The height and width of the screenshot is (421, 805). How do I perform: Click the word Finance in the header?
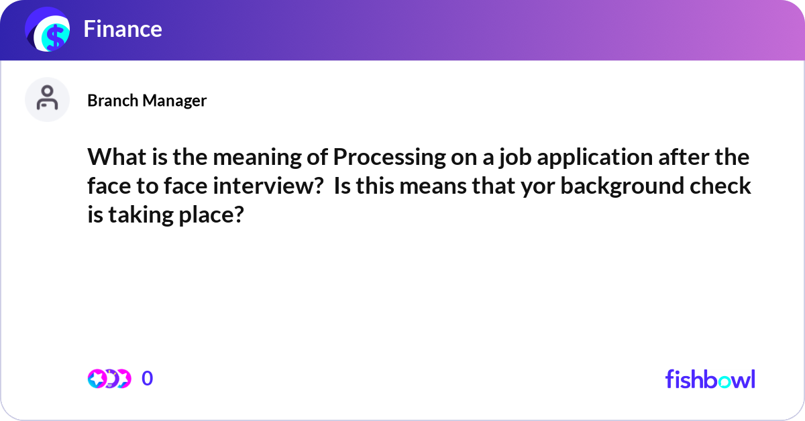tap(123, 29)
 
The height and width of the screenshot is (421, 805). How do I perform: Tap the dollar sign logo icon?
tap(48, 30)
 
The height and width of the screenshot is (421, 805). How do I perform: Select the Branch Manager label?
tap(147, 101)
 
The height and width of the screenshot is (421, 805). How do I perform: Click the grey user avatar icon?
tap(47, 99)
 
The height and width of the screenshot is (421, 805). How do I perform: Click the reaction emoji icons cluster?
tap(109, 379)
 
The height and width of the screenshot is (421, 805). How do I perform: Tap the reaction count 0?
tap(148, 379)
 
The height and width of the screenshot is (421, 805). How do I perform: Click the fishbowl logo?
tap(710, 379)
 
